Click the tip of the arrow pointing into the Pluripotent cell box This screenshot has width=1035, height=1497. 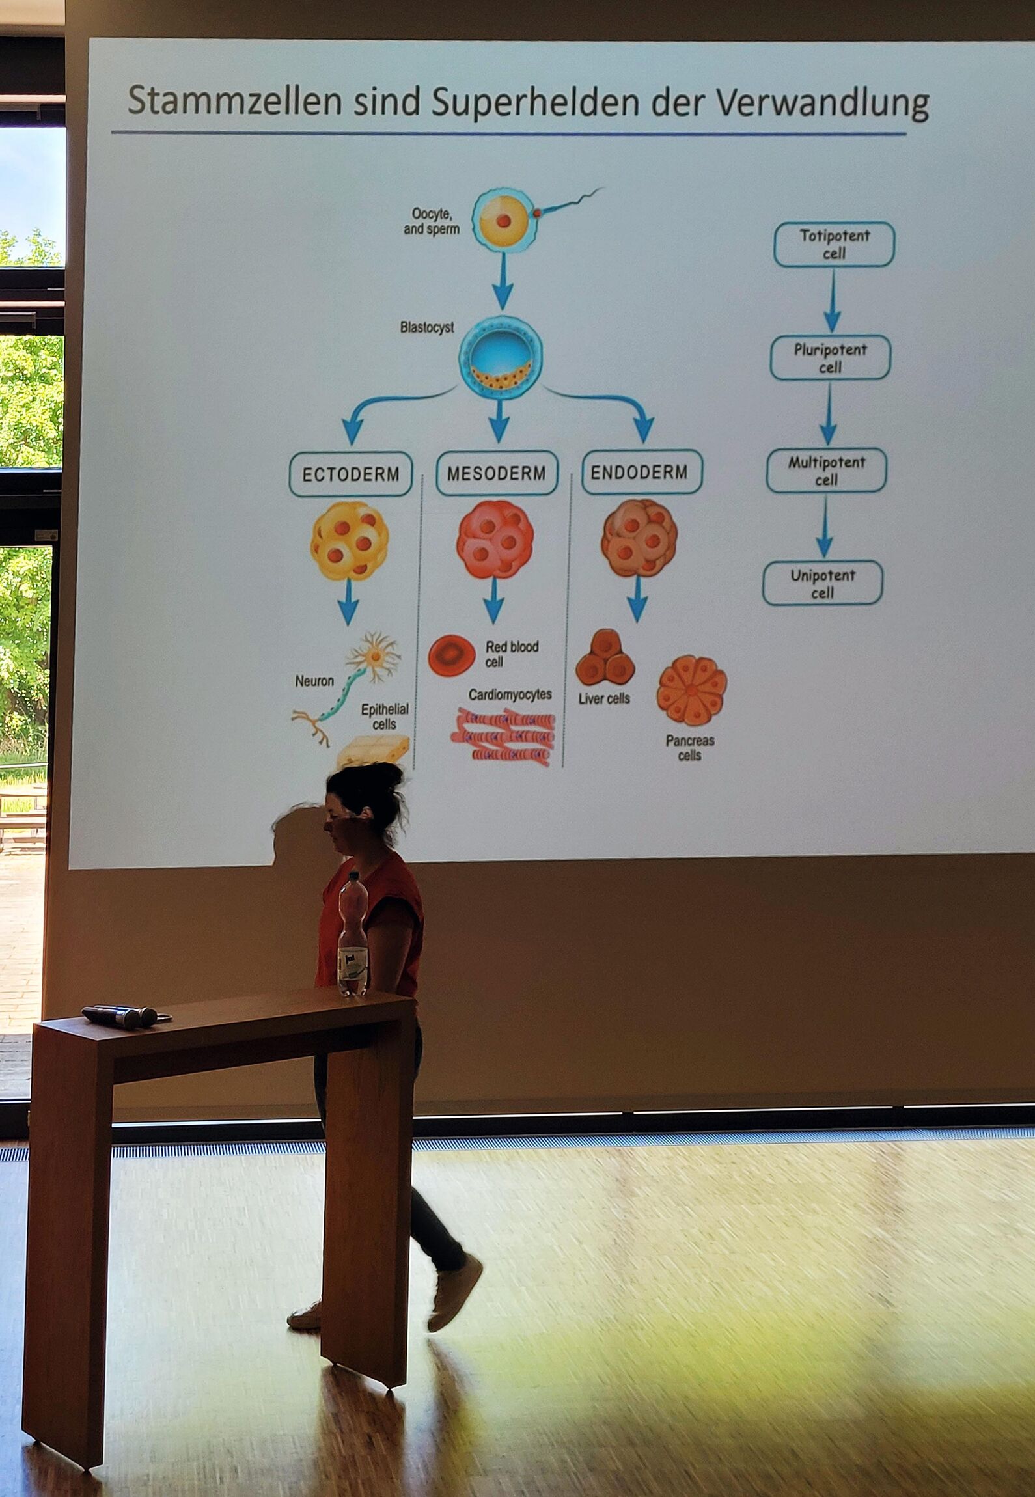click(x=832, y=331)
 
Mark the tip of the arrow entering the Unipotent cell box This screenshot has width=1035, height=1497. click(x=824, y=557)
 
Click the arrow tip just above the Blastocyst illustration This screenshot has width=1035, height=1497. click(x=502, y=310)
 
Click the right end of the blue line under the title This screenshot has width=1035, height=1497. click(x=905, y=134)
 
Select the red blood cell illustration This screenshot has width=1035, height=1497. click(x=452, y=655)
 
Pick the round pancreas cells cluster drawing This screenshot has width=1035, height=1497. click(x=691, y=690)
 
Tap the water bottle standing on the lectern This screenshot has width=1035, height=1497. click(x=353, y=935)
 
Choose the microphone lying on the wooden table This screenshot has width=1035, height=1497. click(x=121, y=1016)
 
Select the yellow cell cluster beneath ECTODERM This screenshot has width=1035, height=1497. click(x=350, y=540)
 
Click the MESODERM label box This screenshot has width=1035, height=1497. click(x=497, y=473)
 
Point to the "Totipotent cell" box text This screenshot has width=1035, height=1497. click(x=835, y=244)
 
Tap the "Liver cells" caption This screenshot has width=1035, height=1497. click(x=604, y=698)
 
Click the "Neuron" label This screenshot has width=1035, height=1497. click(x=314, y=681)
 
